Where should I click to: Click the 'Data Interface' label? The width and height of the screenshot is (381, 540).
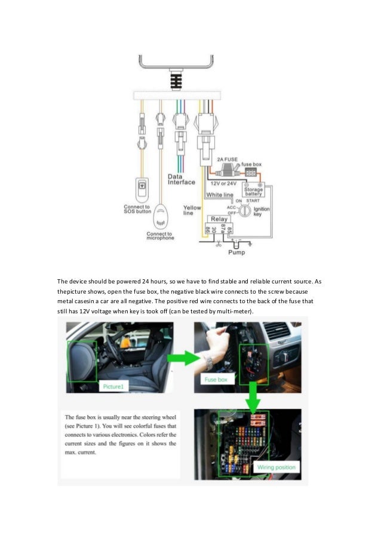[x=181, y=179]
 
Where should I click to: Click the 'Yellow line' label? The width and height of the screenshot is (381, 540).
[x=192, y=211]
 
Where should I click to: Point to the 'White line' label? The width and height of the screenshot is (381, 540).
[x=219, y=195]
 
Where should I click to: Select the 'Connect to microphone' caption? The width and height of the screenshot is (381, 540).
[x=159, y=236]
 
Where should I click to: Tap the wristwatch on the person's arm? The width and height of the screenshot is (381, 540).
[x=209, y=362]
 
